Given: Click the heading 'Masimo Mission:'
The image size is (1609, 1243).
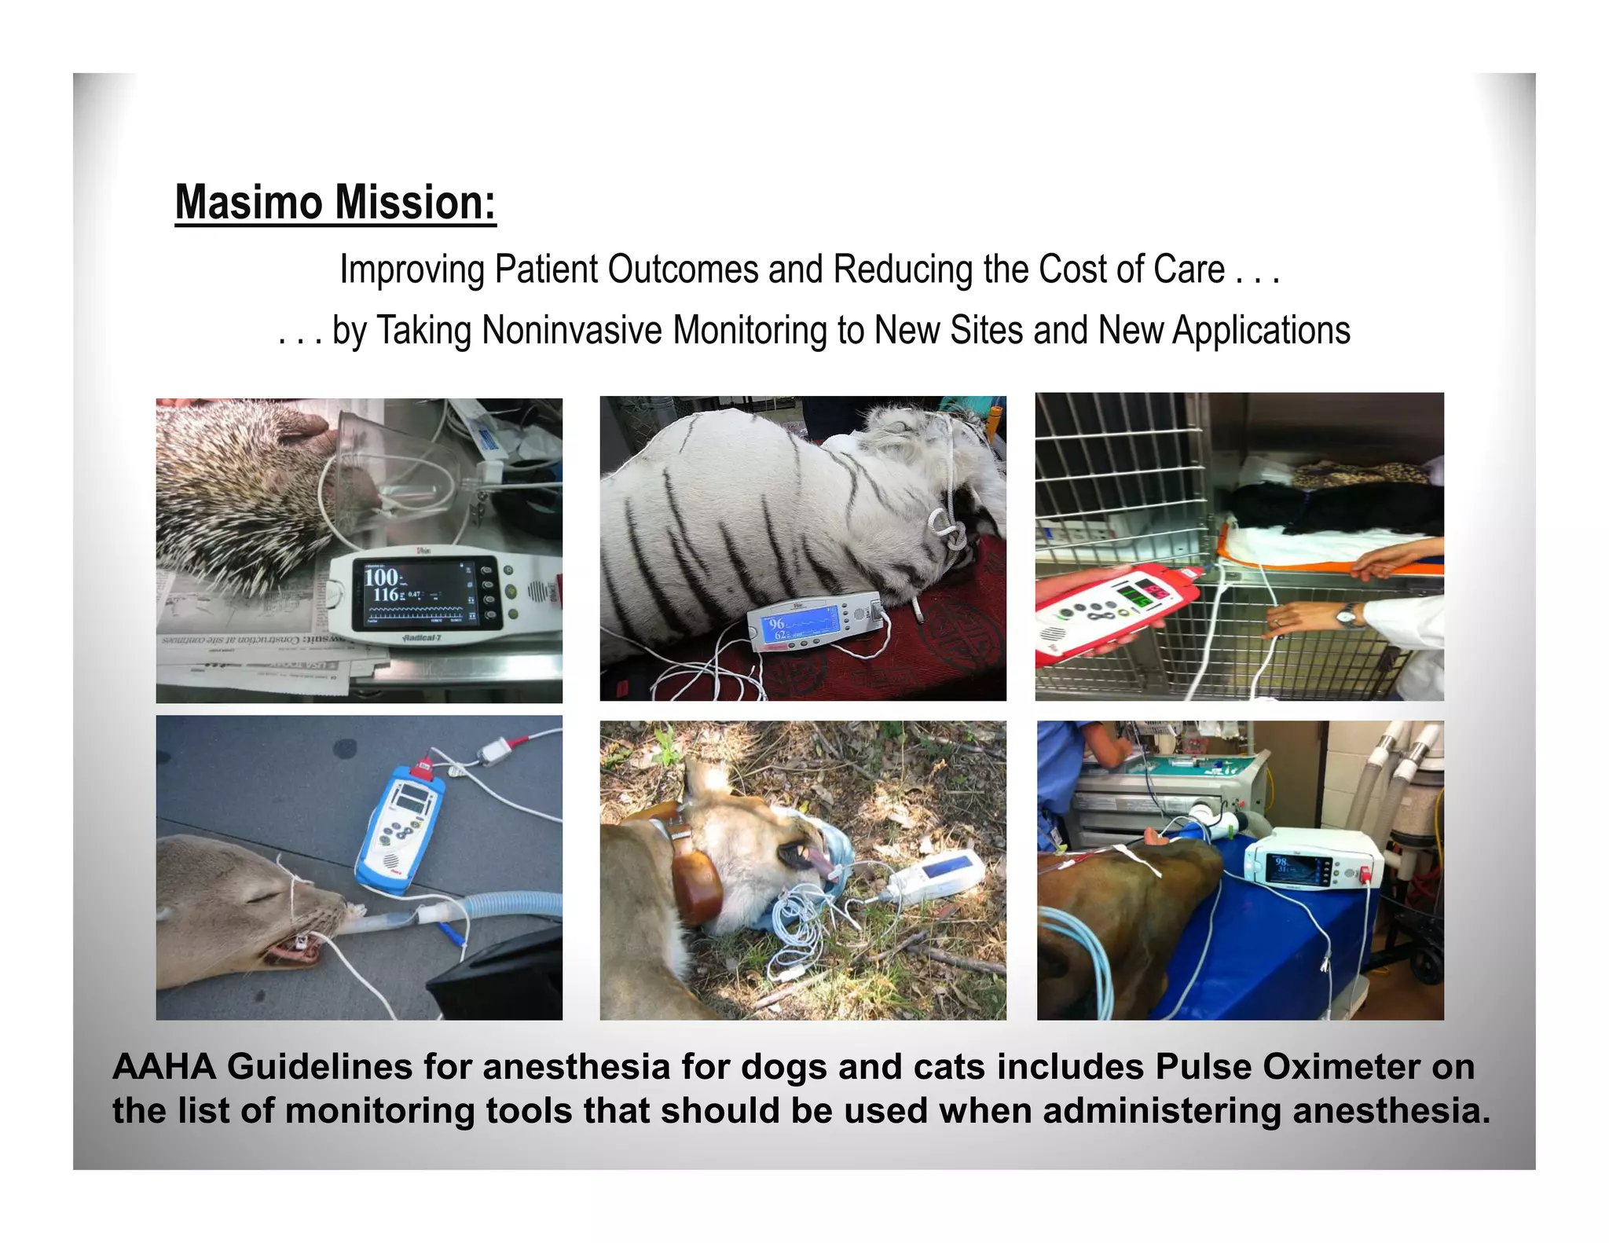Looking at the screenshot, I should (335, 203).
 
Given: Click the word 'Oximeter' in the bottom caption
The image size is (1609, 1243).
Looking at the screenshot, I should (1340, 1067).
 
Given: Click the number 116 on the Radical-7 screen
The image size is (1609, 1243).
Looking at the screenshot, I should (386, 595).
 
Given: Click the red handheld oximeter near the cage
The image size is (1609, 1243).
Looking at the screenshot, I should (1116, 613).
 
